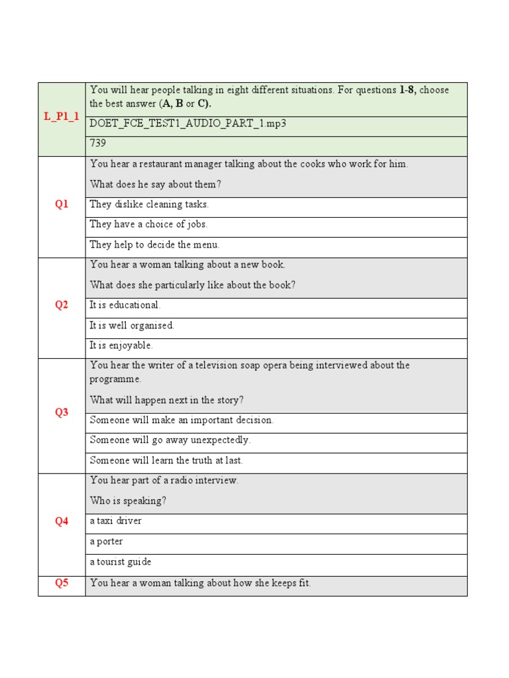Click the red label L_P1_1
(x=62, y=117)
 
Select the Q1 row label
(x=62, y=205)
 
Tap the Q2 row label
(x=62, y=305)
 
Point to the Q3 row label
(x=62, y=412)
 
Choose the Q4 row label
(x=62, y=521)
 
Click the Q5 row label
(x=62, y=583)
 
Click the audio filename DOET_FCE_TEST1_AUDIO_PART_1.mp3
(x=188, y=124)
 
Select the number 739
(x=98, y=143)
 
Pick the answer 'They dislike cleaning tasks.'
(x=149, y=205)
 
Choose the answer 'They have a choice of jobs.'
(x=148, y=224)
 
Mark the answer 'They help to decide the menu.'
(x=154, y=244)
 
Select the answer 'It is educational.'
(x=125, y=305)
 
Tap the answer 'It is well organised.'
(x=132, y=326)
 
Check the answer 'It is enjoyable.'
(x=121, y=346)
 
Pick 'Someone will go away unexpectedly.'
(x=170, y=440)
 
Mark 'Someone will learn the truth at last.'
(x=166, y=460)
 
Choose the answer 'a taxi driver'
(x=116, y=521)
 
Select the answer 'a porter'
(x=106, y=542)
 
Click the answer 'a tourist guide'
(x=121, y=561)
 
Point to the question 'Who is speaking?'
(x=128, y=501)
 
